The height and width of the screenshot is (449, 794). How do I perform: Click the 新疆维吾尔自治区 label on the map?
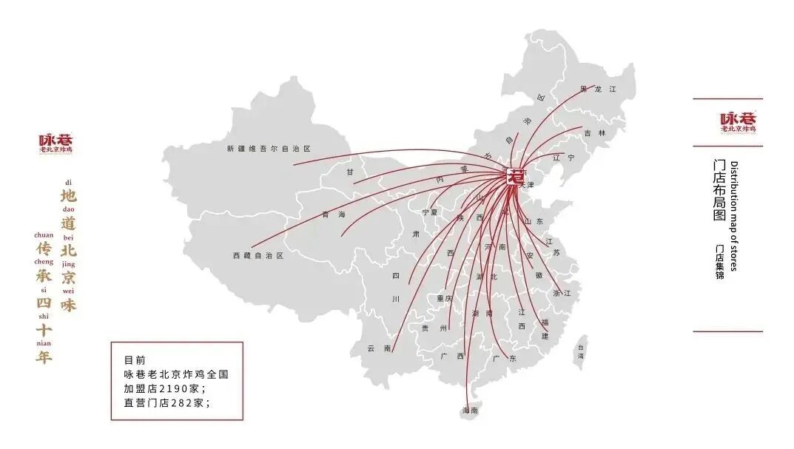pos(272,149)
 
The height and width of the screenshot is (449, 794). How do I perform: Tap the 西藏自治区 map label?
pos(258,255)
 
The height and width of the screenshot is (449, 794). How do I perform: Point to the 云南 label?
pos(380,348)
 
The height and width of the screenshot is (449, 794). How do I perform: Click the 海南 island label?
pos(471,410)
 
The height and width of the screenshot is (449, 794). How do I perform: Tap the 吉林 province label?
pos(594,133)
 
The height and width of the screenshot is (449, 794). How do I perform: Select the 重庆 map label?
pos(444,298)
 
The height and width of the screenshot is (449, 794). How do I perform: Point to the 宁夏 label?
pos(430,212)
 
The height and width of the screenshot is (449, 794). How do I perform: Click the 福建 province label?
pos(545,328)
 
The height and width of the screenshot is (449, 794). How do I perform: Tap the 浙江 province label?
pos(562,293)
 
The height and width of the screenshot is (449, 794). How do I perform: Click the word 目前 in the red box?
pos(135,360)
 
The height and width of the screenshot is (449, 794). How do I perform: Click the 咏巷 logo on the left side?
pos(56,144)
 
